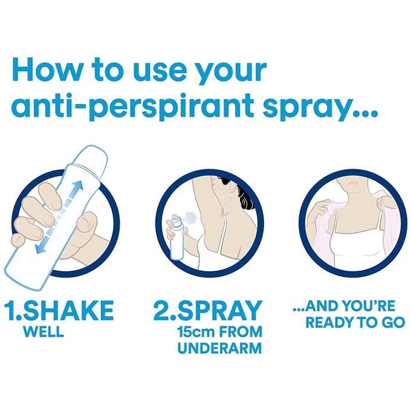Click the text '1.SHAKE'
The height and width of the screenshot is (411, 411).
pyautogui.click(x=59, y=311)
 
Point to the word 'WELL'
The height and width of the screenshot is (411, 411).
pyautogui.click(x=43, y=332)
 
